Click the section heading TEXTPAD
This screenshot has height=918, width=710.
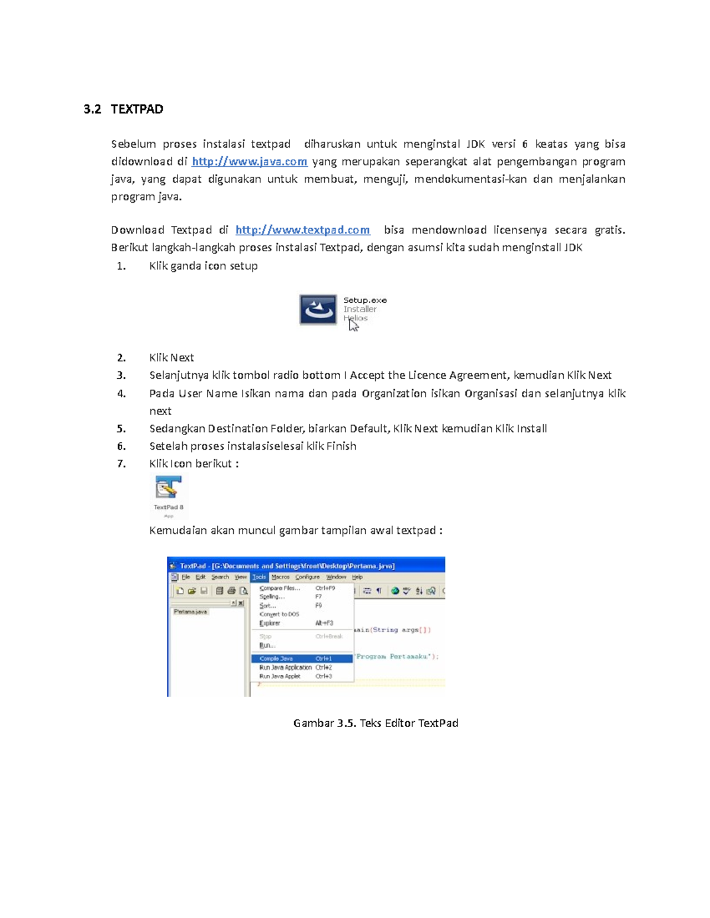coord(137,109)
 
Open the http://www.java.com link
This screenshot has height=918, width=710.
coord(249,161)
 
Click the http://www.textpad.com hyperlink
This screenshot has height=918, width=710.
coord(302,230)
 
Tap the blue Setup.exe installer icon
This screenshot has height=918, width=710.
coord(318,310)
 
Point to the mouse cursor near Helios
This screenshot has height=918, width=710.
coord(353,325)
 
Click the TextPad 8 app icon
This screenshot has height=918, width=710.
coord(168,489)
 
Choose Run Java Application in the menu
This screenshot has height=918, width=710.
coord(285,667)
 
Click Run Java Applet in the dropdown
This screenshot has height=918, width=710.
coord(279,676)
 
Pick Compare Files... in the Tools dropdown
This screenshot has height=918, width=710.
coord(279,588)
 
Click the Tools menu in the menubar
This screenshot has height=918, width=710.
coord(259,577)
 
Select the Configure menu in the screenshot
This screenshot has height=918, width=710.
coord(307,577)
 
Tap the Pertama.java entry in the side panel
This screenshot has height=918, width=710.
coord(190,612)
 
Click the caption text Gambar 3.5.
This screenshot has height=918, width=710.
coord(325,723)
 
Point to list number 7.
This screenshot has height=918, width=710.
coord(121,463)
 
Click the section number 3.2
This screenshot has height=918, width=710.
coord(92,109)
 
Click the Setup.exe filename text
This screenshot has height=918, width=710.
coord(365,300)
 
